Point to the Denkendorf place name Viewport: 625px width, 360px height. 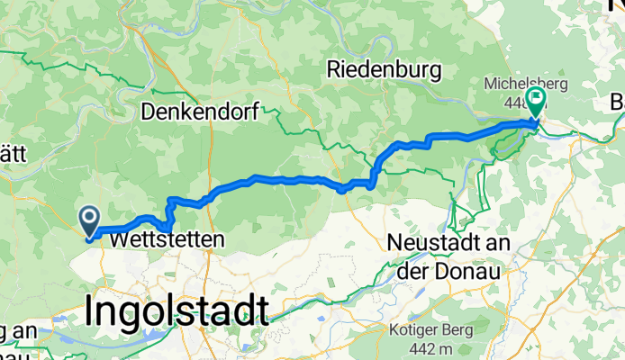coord(200,112)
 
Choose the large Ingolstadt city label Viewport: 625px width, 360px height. coord(177,310)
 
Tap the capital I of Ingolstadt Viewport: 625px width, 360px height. coord(90,310)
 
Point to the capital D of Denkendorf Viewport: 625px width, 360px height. coord(148,112)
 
